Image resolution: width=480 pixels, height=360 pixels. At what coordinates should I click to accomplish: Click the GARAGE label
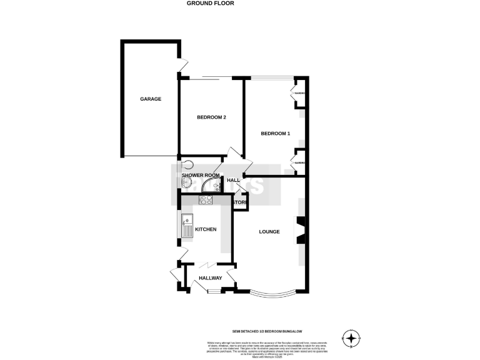click(151, 99)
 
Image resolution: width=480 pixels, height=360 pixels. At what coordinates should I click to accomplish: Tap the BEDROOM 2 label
click(211, 117)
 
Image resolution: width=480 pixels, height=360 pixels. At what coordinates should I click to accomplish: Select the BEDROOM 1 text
click(275, 133)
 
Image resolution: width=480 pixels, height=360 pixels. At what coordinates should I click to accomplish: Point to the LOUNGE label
click(269, 232)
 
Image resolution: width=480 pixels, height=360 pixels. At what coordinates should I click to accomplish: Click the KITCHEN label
click(206, 229)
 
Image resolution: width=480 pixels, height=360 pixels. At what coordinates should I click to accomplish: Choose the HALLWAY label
click(211, 277)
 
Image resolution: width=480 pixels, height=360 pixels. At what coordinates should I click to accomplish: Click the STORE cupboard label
click(240, 202)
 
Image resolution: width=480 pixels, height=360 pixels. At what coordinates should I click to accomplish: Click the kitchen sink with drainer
click(187, 227)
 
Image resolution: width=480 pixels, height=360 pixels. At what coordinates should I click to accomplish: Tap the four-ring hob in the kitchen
click(206, 200)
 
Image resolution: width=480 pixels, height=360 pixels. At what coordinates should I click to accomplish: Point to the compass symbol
click(352, 338)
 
